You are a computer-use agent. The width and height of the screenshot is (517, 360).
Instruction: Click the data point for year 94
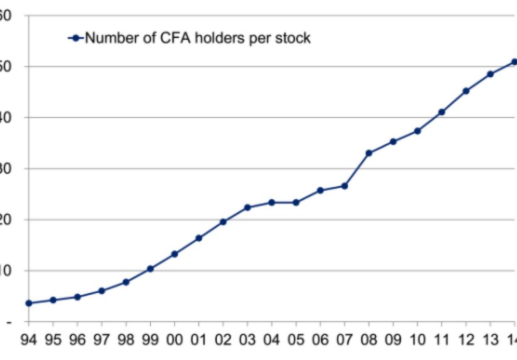[x=29, y=303]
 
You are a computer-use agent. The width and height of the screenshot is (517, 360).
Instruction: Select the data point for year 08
[x=368, y=153]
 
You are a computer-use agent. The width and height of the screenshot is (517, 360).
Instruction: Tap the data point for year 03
[x=247, y=207]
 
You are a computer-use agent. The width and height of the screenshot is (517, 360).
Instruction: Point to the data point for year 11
[x=441, y=112]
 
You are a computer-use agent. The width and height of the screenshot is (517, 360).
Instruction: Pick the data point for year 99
[x=150, y=269]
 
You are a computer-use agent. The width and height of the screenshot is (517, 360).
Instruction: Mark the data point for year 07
[x=344, y=186]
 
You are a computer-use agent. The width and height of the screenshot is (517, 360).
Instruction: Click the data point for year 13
[x=490, y=74]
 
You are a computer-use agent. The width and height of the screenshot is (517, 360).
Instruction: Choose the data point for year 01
[x=199, y=238]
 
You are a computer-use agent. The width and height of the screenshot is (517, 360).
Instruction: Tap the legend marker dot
[x=76, y=38]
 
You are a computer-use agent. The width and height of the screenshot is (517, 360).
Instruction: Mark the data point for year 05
[x=296, y=202]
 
